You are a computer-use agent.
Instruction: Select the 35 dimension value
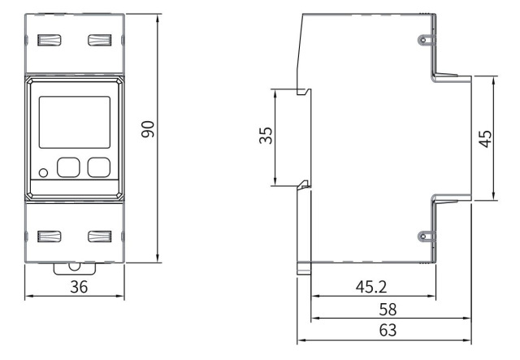pyautogui.click(x=266, y=136)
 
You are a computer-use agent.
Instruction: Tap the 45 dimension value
pyautogui.click(x=485, y=137)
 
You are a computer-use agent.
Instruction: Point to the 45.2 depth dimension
pyautogui.click(x=373, y=287)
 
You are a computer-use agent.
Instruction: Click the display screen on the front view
pyautogui.click(x=74, y=121)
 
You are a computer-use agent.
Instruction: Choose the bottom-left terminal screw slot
pyautogui.click(x=50, y=236)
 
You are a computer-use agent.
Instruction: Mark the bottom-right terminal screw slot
pyautogui.click(x=99, y=236)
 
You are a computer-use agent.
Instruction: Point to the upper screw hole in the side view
pyautogui.click(x=422, y=40)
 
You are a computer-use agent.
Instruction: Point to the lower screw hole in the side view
pyautogui.click(x=422, y=236)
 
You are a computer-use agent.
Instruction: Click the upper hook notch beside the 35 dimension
pyautogui.click(x=302, y=91)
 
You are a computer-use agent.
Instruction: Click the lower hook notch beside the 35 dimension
pyautogui.click(x=302, y=185)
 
